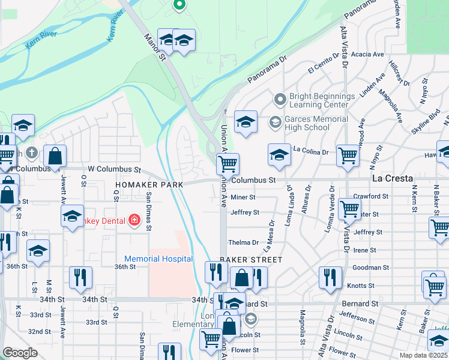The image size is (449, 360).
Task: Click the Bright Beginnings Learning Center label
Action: (322, 100)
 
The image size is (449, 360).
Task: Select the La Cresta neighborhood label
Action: (392, 179)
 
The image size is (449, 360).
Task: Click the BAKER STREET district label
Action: (250, 260)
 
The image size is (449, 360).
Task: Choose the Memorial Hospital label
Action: (158, 259)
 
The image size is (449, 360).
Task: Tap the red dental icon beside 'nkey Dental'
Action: (133, 220)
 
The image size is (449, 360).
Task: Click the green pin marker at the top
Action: (178, 5)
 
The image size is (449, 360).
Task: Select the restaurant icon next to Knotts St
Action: (330, 277)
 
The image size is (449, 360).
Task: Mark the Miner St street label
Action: (243, 197)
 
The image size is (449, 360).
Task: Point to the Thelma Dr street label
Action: (243, 243)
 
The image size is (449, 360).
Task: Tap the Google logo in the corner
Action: (20, 353)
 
